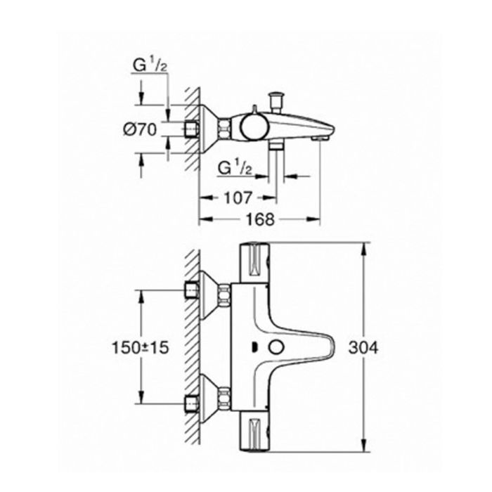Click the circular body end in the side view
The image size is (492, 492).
click(251, 127)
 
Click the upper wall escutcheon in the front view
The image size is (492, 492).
click(205, 290)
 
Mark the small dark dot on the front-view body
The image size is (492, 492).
click(253, 347)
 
